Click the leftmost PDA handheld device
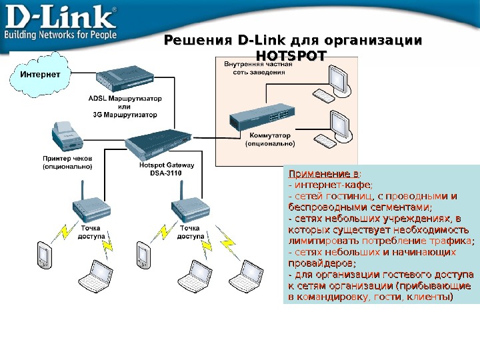[43, 253]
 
